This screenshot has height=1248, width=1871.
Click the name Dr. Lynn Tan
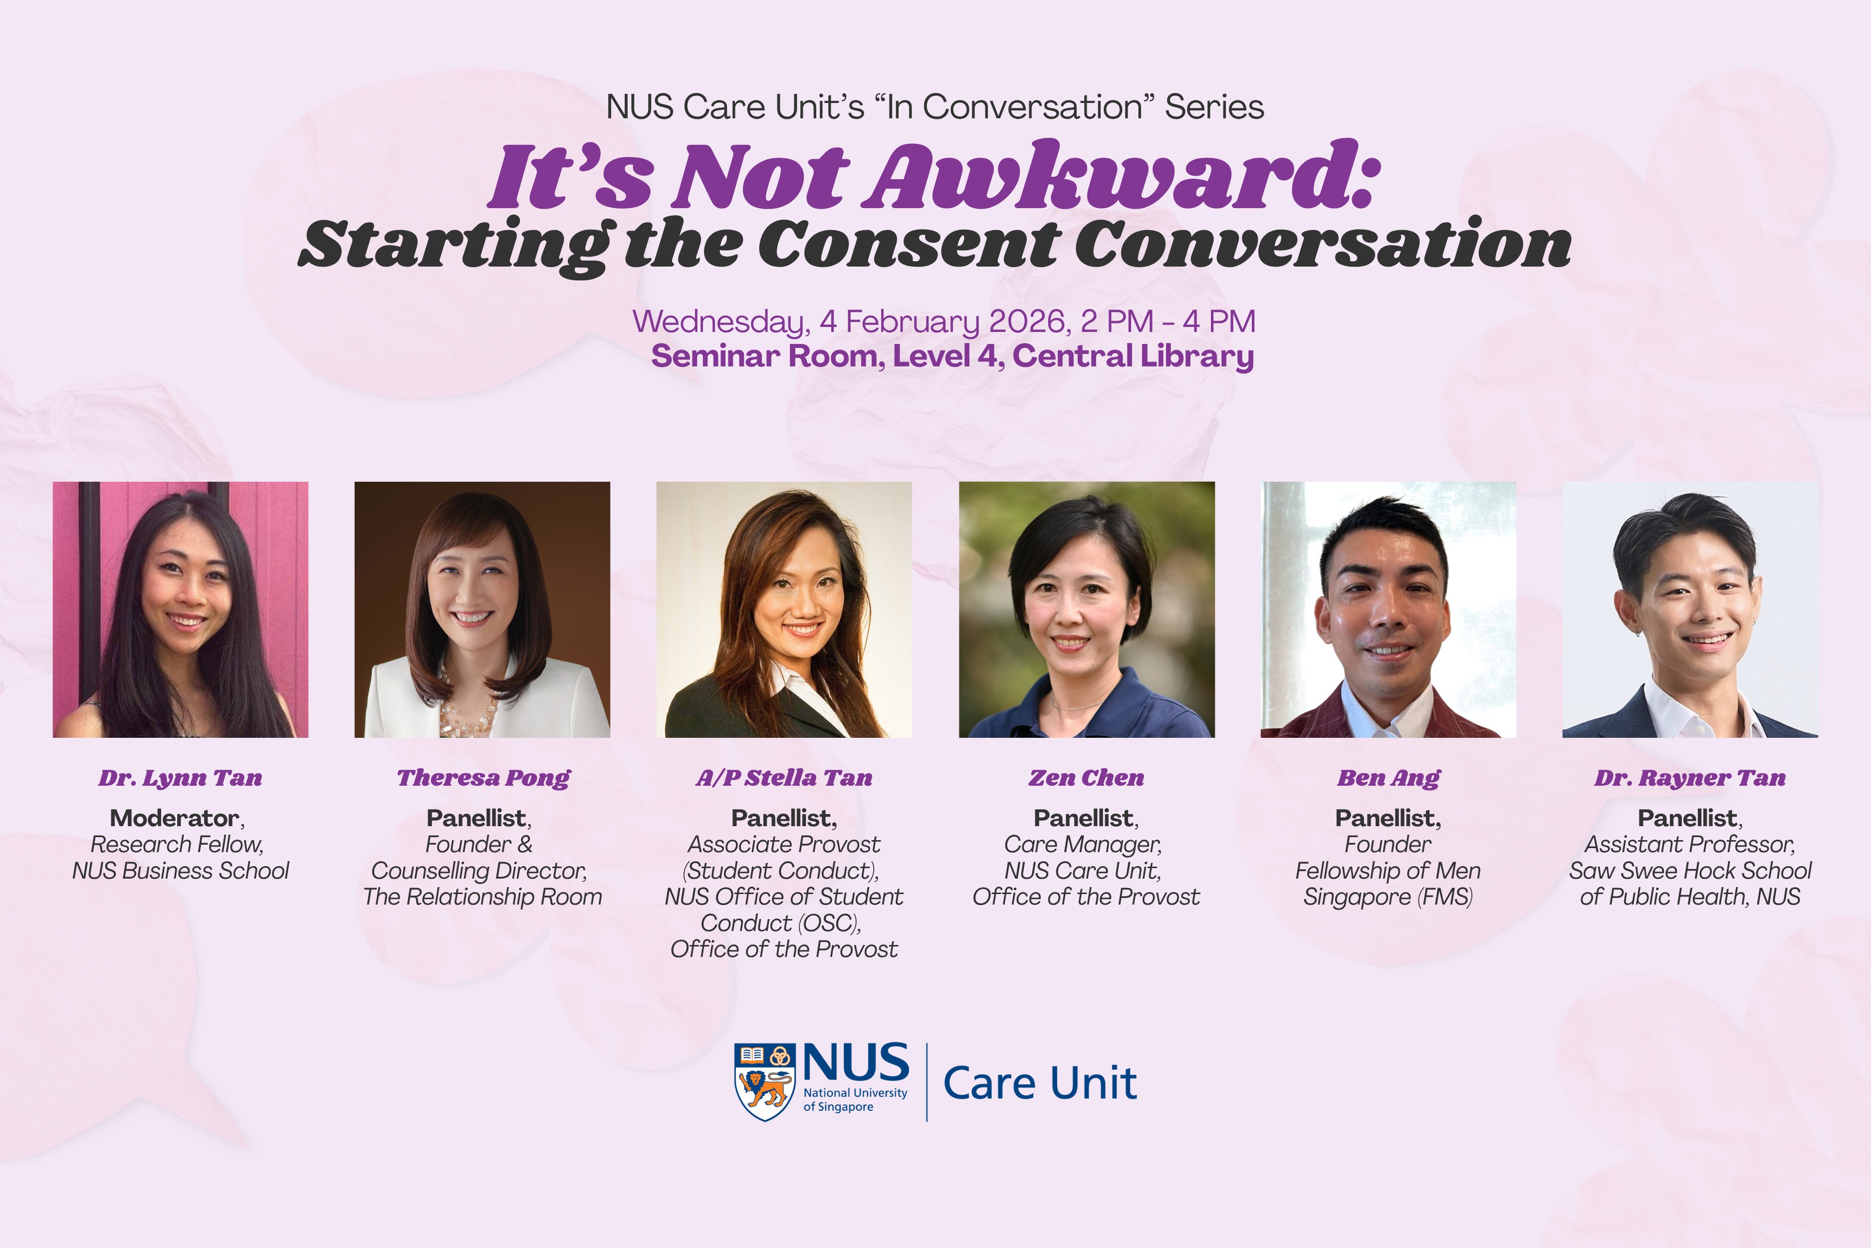[x=181, y=778]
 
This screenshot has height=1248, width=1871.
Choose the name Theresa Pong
[x=483, y=778]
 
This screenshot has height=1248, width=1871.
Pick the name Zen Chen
[x=1087, y=778]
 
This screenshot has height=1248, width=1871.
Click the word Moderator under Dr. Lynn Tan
[x=175, y=818]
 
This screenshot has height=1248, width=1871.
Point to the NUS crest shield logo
[x=764, y=1082]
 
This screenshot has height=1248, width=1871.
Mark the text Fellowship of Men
[x=1388, y=871]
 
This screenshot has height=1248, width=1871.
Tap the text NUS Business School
[x=181, y=871]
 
